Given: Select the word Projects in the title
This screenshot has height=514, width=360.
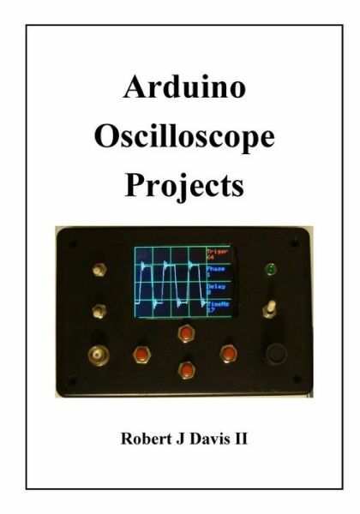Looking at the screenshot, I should [x=179, y=184].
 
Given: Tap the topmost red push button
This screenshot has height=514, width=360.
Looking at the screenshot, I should [x=183, y=332].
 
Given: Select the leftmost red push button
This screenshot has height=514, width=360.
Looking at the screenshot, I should [x=137, y=352].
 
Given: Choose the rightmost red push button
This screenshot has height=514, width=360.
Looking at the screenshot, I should [x=228, y=352].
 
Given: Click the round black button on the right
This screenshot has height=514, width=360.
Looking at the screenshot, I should [x=276, y=352].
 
